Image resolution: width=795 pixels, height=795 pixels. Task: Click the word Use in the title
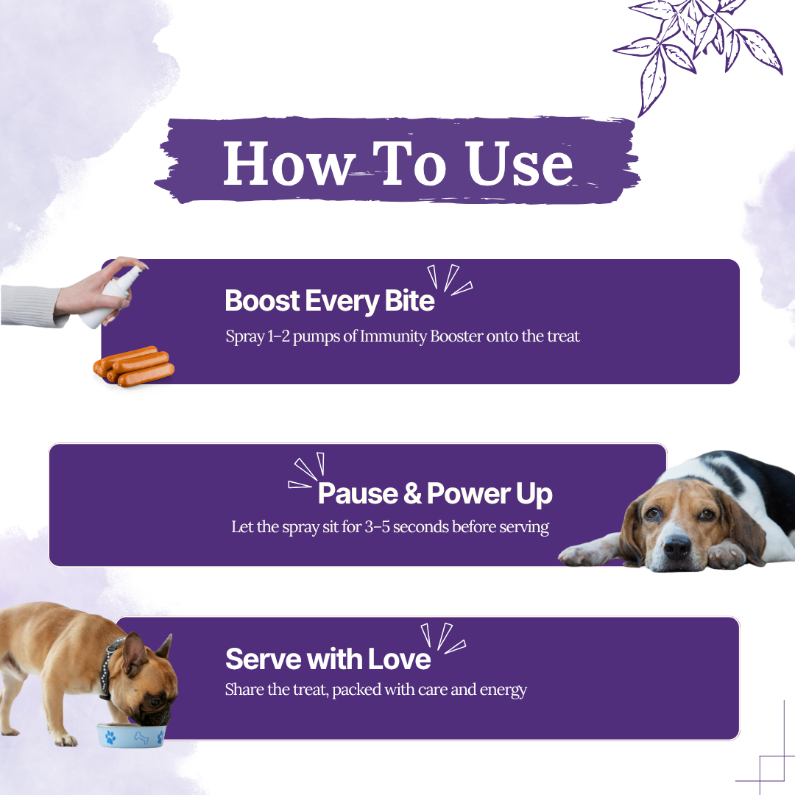click(519, 163)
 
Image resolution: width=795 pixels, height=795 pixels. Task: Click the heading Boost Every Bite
click(330, 300)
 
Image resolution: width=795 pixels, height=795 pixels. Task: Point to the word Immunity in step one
click(393, 336)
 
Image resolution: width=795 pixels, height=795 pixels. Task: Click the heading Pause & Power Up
click(435, 494)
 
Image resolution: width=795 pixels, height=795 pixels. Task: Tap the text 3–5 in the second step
click(377, 527)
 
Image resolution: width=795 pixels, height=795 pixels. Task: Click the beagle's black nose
click(677, 546)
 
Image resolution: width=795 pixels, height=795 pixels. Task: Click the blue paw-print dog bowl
click(131, 735)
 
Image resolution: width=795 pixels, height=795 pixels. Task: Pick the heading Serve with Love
click(328, 659)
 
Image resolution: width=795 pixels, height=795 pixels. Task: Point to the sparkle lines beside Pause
click(306, 471)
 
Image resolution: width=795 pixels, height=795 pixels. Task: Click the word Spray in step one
click(245, 336)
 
